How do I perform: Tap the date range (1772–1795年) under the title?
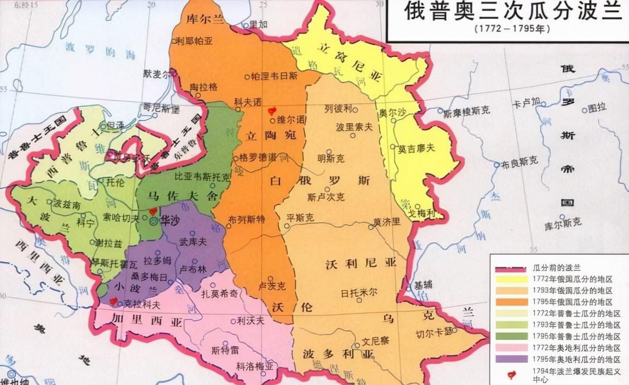click(x=512, y=29)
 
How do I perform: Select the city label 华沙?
click(x=170, y=220)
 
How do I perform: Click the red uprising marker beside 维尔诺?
click(x=272, y=111)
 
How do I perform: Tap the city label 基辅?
click(x=423, y=284)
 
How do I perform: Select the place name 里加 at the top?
click(x=259, y=24)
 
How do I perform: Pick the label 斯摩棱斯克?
click(x=467, y=111)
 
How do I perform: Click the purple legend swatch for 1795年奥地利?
click(x=512, y=359)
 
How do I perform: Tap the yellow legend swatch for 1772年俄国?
click(x=512, y=279)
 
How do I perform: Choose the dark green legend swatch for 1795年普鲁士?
click(x=512, y=336)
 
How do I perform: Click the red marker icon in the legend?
click(x=511, y=375)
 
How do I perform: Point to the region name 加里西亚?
click(x=147, y=320)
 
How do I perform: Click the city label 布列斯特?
click(x=247, y=220)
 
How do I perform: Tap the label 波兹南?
click(x=67, y=205)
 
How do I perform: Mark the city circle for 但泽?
click(x=103, y=124)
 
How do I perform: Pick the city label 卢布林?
click(x=193, y=269)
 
